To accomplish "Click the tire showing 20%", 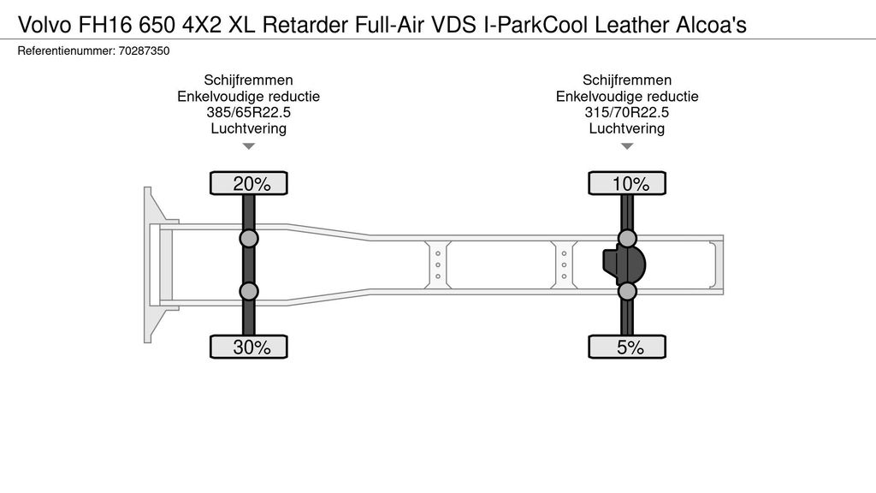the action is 249,183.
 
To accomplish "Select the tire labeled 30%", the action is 249,347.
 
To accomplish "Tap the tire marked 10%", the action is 627,183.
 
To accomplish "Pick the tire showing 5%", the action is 627,347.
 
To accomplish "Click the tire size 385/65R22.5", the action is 249,112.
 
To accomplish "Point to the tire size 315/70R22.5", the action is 627,112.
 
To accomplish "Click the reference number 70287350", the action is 144,50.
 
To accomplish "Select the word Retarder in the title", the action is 305,25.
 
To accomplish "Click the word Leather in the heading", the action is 632,25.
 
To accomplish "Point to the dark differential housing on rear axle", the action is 624,264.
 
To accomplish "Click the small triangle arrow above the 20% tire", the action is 249,146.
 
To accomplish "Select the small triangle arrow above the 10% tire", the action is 627,146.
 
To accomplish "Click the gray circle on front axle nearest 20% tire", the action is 249,238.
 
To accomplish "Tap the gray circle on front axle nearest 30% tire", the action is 249,291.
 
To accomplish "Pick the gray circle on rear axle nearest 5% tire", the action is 627,291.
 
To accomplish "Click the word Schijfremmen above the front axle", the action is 249,80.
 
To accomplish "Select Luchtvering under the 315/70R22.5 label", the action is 627,128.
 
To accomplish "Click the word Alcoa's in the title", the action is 711,25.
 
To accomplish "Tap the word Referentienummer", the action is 66,50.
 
